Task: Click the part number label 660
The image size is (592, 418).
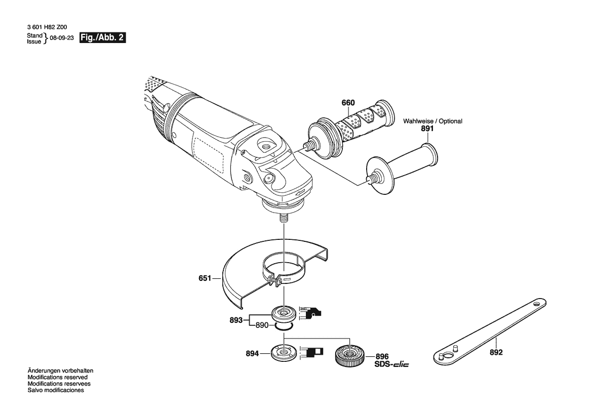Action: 348,103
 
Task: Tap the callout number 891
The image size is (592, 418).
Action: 427,129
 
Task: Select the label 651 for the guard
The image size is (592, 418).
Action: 205,278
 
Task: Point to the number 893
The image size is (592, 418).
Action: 236,320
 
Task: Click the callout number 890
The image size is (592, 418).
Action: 262,325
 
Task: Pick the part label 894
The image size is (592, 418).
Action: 252,354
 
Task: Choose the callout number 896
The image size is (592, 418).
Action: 382,356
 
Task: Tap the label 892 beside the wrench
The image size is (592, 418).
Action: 496,352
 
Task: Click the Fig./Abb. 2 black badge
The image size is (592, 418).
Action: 102,38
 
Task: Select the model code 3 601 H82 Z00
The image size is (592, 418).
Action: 47,27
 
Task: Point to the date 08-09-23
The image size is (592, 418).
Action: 62,38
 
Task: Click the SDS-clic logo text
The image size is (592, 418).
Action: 391,364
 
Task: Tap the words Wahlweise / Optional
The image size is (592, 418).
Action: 432,121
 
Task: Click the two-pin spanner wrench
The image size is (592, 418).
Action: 490,332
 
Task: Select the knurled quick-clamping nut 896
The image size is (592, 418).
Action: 349,355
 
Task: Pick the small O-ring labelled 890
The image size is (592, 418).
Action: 284,326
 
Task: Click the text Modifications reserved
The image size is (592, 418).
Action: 57,377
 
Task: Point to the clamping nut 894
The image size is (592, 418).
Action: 283,354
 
